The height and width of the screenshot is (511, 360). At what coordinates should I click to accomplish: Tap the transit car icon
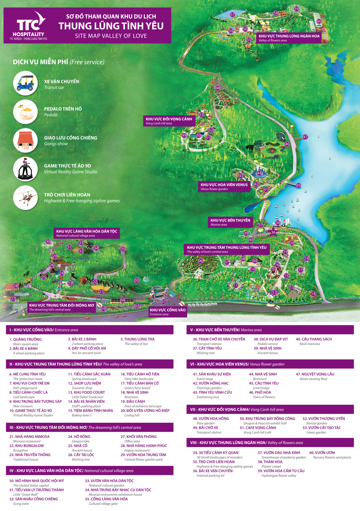pos(26,83)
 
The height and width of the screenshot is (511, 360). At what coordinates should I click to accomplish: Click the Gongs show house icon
pos(26,140)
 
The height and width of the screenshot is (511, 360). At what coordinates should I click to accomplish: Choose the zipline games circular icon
pos(26,198)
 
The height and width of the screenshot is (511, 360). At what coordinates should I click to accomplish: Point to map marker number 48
pos(218,88)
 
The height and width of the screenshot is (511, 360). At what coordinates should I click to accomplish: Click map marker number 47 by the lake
pos(305,137)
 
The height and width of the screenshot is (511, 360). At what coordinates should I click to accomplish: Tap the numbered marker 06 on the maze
pos(201,261)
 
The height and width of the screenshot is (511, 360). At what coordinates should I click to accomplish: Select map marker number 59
pos(296,9)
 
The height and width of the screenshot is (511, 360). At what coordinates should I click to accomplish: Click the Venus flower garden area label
pos(224,187)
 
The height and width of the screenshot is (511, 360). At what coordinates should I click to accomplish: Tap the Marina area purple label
pos(230,222)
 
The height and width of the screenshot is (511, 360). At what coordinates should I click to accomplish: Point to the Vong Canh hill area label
pos(169,121)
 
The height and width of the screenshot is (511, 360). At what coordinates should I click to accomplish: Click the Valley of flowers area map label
pos(289,38)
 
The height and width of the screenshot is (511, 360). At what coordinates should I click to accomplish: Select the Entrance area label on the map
pos(168,312)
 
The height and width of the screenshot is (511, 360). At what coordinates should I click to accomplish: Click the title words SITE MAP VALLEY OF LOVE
pos(111,36)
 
